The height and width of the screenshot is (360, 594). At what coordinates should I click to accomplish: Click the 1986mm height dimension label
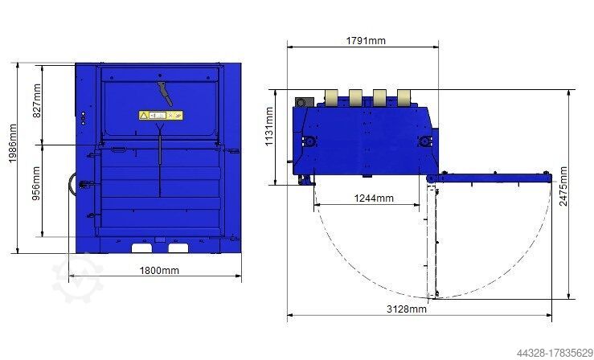(x=13, y=144)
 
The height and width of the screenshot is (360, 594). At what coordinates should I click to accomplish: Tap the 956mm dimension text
(x=37, y=183)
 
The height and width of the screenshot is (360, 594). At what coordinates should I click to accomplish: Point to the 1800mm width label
(x=159, y=271)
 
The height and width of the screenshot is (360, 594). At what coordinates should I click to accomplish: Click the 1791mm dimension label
(x=366, y=40)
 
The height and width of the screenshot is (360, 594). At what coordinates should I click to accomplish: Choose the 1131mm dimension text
(x=269, y=126)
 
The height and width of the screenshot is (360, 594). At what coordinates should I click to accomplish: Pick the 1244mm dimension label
(x=374, y=198)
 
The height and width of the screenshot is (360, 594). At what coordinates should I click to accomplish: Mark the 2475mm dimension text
(x=563, y=186)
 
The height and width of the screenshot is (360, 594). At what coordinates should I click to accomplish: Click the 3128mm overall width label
(x=407, y=309)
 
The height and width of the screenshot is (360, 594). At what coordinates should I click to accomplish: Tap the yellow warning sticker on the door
(x=161, y=115)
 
